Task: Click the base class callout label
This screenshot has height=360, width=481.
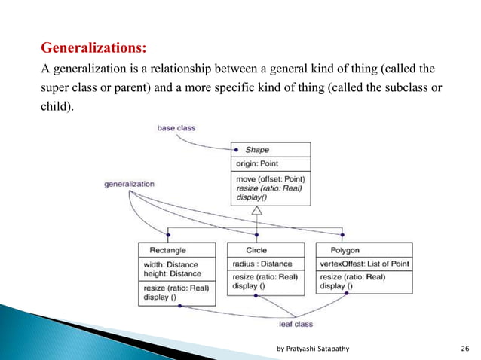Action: [176, 128]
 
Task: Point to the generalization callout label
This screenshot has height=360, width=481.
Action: [129, 184]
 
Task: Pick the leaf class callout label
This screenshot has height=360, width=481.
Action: [294, 323]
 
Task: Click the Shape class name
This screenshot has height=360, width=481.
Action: [257, 150]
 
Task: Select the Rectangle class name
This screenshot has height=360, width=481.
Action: [168, 249]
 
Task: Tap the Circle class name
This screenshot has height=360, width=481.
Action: [257, 249]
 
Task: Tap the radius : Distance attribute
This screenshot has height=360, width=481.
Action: [262, 264]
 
